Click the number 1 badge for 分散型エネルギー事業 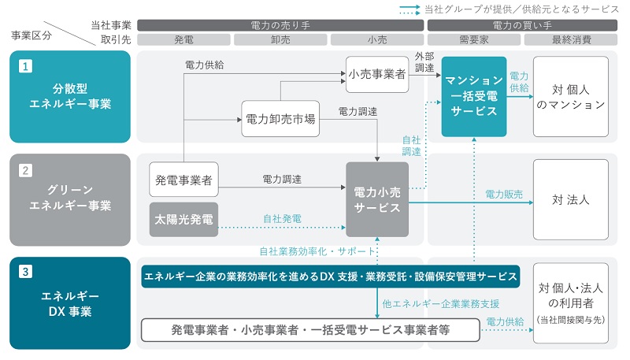[26, 67]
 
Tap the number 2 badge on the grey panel [26, 169]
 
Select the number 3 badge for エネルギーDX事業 [26, 273]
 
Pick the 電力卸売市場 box [281, 119]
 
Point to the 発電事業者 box [183, 180]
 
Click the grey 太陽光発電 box [183, 219]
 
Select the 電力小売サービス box [377, 199]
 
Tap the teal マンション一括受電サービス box [474, 96]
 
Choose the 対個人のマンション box [571, 96]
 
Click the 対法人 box [571, 199]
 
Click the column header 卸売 [281, 39]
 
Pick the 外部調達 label [424, 62]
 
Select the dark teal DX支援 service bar [330, 276]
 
